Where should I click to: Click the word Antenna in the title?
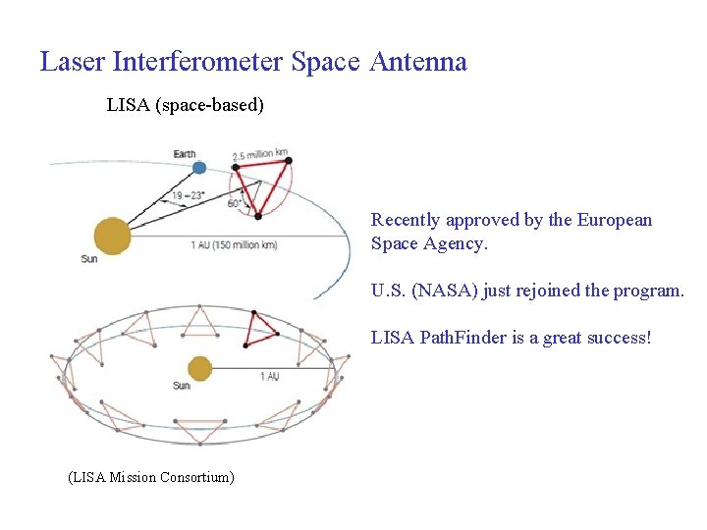(418, 62)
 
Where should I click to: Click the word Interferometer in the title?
(199, 62)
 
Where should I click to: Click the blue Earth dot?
(199, 167)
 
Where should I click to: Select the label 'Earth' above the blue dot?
(184, 153)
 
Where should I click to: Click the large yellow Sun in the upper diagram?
(112, 237)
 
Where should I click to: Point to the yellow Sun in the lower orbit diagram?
(200, 368)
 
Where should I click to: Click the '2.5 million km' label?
(260, 154)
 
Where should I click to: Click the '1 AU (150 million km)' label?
(234, 244)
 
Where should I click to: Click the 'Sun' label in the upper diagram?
(88, 259)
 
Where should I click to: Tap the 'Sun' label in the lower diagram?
(182, 386)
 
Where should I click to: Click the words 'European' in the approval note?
(615, 220)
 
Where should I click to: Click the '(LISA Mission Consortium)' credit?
(150, 477)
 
